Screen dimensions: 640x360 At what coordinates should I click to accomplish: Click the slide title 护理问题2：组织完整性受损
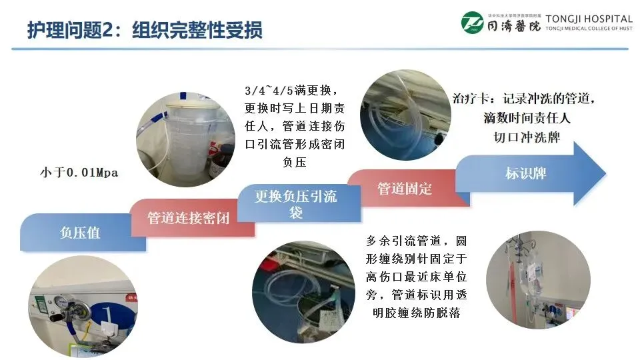145,30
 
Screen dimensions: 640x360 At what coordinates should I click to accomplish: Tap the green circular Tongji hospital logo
472,23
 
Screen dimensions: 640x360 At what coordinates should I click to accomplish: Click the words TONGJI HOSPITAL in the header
589,19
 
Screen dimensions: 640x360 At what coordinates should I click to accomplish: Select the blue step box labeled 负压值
83,232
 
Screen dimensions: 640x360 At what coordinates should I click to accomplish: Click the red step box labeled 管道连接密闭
192,217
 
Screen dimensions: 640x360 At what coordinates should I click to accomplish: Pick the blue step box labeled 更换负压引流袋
299,203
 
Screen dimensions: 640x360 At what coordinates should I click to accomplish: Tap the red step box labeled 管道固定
408,188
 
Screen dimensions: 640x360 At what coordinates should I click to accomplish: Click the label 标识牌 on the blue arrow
526,173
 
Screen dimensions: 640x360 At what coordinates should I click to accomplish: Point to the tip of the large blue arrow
606,174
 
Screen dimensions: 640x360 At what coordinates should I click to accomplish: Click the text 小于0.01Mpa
79,172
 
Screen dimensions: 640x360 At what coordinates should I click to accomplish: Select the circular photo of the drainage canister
186,139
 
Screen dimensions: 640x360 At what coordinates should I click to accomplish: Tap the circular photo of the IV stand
539,280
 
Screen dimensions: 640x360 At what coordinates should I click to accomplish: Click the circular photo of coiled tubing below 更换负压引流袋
303,292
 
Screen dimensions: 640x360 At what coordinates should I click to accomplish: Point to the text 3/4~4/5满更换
291,90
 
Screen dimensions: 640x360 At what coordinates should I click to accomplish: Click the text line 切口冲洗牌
527,137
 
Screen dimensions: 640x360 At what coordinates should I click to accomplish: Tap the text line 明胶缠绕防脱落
416,313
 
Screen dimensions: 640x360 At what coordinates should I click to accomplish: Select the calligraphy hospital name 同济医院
514,27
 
